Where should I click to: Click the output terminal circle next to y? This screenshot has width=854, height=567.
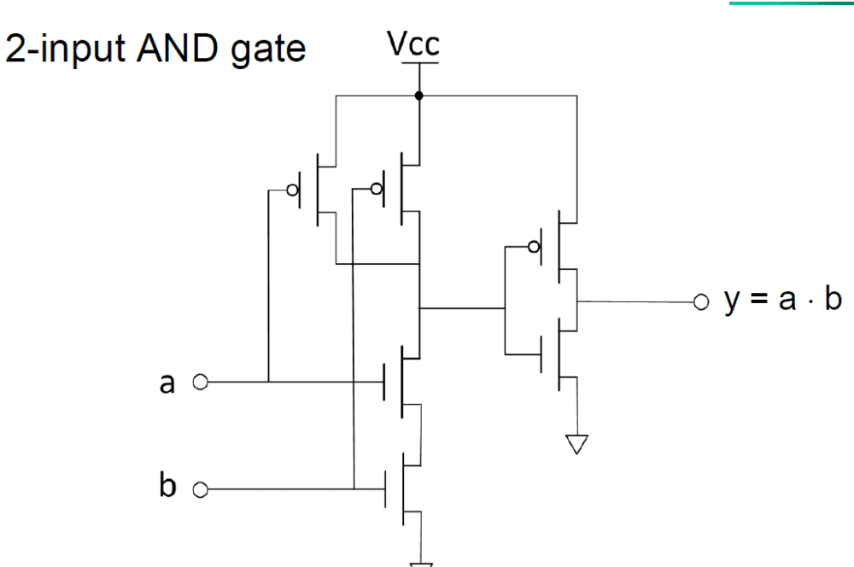(x=700, y=301)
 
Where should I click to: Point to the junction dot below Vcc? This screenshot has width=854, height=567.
(x=418, y=95)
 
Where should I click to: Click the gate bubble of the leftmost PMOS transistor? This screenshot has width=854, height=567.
(x=293, y=190)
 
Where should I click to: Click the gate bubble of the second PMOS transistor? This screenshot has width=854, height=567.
(x=377, y=190)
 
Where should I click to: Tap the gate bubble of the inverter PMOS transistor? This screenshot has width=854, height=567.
(x=535, y=248)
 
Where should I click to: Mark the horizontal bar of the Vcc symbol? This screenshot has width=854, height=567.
(x=418, y=62)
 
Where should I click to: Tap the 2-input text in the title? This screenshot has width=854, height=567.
(x=65, y=50)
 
